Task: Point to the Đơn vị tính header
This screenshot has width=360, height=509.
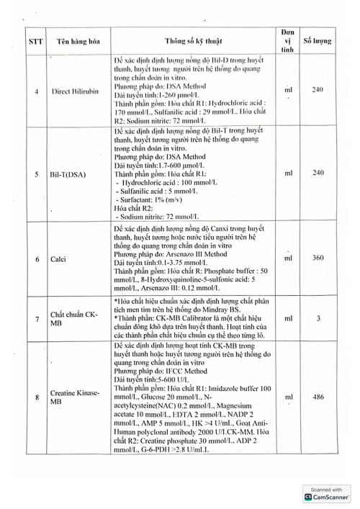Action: (x=287, y=42)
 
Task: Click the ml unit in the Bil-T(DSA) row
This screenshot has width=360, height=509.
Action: (x=288, y=174)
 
